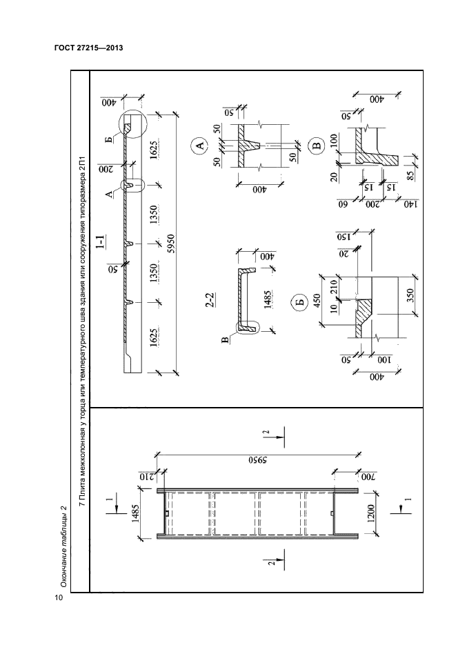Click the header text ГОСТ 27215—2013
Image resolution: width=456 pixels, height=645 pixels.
89,48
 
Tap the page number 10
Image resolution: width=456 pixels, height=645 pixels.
59,597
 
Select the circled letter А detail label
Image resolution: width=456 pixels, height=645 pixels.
199,146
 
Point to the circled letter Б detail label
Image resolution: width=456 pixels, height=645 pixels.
300,303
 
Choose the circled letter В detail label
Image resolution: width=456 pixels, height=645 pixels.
317,146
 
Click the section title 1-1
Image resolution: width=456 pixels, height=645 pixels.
100,242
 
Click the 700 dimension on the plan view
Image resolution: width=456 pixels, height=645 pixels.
366,477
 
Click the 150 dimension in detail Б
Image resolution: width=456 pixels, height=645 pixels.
342,237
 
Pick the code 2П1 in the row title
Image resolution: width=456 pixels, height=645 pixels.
83,163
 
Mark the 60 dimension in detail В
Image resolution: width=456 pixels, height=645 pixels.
342,204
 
